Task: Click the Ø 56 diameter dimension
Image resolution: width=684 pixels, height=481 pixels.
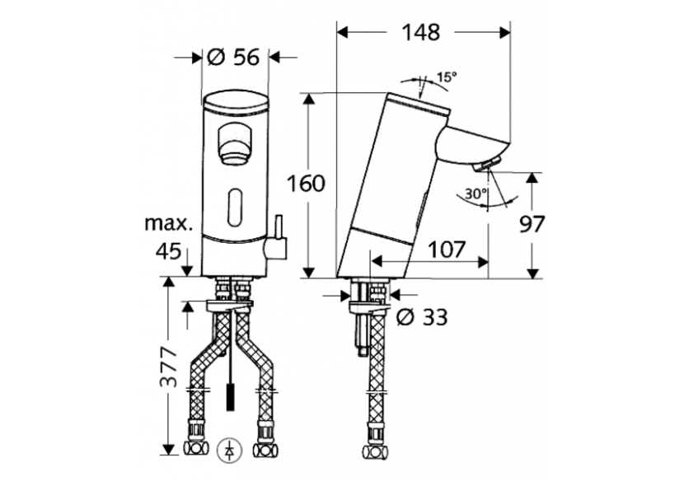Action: click(234, 58)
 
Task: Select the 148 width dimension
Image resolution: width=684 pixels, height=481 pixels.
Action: click(420, 32)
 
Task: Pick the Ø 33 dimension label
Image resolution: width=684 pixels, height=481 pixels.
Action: click(421, 316)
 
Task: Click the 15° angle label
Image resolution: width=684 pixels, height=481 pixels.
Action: click(446, 77)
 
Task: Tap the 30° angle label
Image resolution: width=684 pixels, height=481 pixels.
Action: click(476, 195)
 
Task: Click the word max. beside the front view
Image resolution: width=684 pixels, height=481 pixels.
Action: click(168, 222)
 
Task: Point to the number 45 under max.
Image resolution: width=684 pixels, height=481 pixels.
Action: click(167, 251)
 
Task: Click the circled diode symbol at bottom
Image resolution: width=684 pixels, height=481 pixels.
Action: click(227, 451)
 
